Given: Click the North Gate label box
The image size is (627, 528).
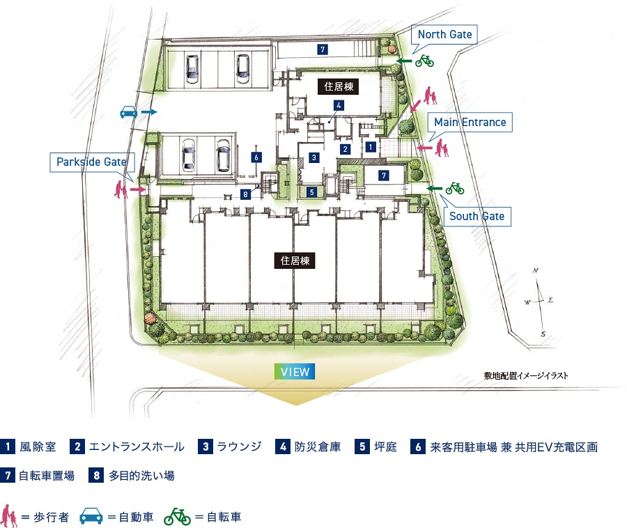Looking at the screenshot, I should click(445, 34).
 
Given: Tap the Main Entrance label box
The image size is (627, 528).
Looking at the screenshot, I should click(470, 123).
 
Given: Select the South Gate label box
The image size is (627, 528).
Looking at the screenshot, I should click(477, 216).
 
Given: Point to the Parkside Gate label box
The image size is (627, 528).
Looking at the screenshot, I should click(91, 162).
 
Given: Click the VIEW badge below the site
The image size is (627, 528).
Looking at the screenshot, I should click(295, 372).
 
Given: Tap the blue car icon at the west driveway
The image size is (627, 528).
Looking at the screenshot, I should click(127, 111).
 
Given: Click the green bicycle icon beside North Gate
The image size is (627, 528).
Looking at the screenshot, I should click(424, 61).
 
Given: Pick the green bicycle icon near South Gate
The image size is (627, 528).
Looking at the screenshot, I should click(454, 188).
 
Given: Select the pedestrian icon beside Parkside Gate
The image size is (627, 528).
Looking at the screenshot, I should click(121, 189).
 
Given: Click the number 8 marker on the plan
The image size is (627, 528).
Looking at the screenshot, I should click(245, 194).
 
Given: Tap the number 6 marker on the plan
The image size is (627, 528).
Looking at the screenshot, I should click(256, 157).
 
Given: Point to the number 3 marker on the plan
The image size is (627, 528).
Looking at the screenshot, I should click(314, 157).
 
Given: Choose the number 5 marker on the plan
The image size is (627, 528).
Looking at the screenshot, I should click(312, 192).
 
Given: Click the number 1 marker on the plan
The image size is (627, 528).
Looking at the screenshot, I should click(371, 147).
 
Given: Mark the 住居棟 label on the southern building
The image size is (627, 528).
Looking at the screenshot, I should click(295, 261).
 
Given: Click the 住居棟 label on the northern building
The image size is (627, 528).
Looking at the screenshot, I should click(337, 87).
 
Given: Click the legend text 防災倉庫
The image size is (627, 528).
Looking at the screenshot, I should click(318, 447).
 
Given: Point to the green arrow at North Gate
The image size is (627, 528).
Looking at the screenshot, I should click(403, 61).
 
